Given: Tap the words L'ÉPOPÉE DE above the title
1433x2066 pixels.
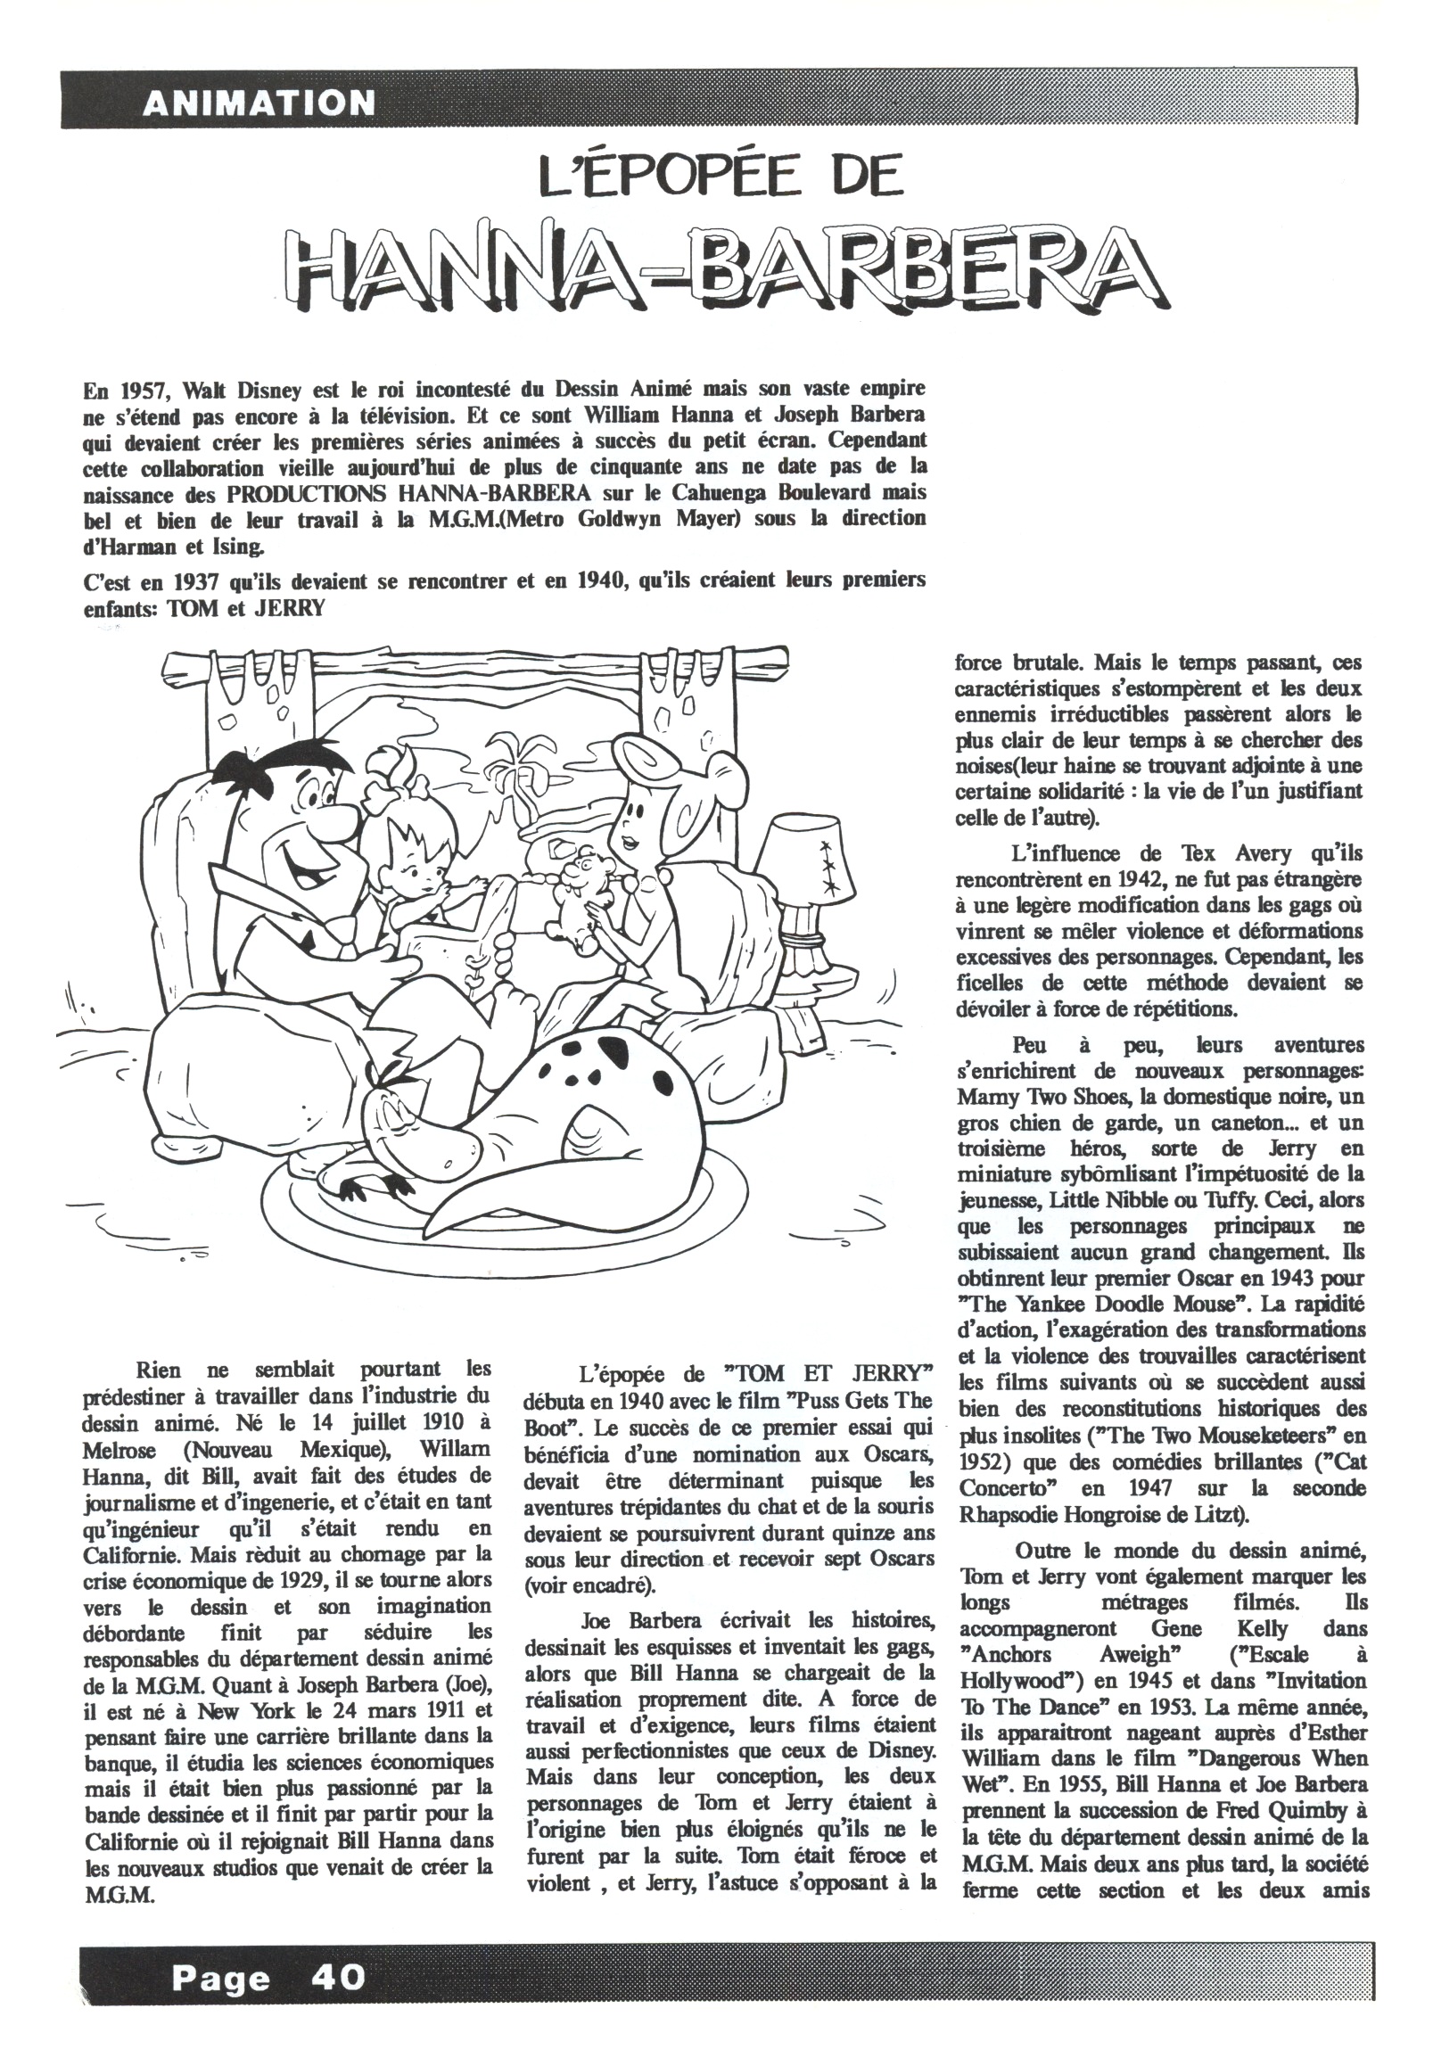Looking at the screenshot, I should [719, 176].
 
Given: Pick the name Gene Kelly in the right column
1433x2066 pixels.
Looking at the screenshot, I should [1219, 1629].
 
